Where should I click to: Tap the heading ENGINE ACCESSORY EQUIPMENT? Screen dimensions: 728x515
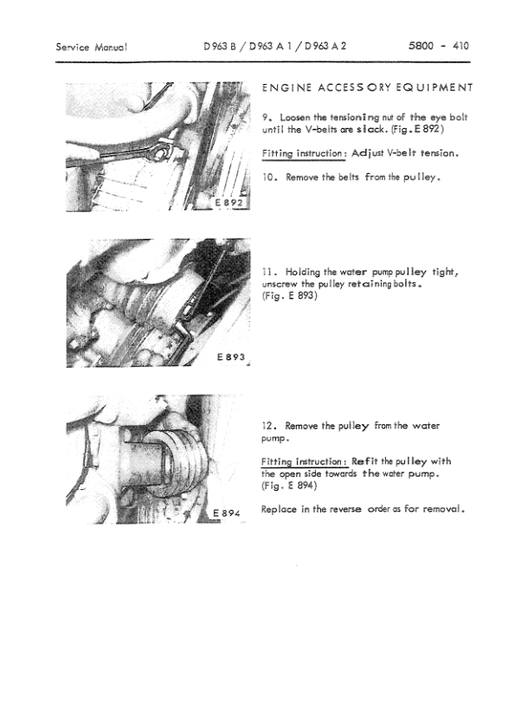click(x=367, y=87)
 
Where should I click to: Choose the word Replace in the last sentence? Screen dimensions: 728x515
click(x=280, y=509)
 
